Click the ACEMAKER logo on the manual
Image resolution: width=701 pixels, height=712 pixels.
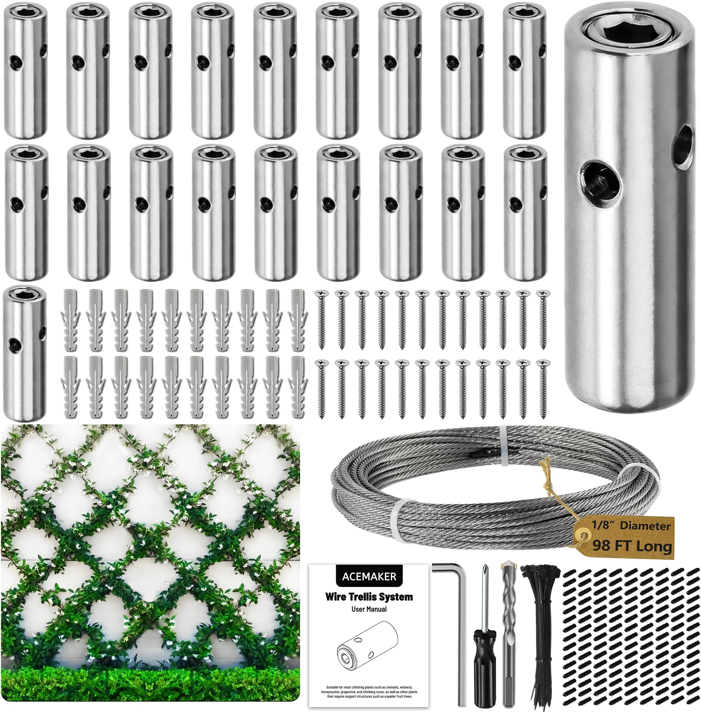click(369, 577)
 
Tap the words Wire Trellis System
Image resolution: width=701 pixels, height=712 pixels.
click(369, 597)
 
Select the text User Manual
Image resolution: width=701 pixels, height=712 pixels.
click(369, 609)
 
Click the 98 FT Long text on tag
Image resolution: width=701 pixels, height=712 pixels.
click(632, 545)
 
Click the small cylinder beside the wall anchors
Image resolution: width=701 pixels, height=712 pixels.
click(25, 354)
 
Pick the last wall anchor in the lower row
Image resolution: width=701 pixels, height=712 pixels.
click(297, 387)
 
